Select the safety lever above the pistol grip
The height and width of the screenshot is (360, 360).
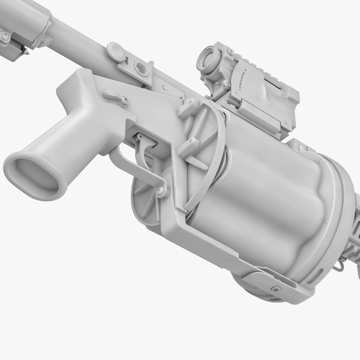click(115, 96)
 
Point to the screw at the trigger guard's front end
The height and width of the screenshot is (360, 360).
click(161, 191)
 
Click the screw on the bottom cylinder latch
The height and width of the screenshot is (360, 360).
click(275, 289)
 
